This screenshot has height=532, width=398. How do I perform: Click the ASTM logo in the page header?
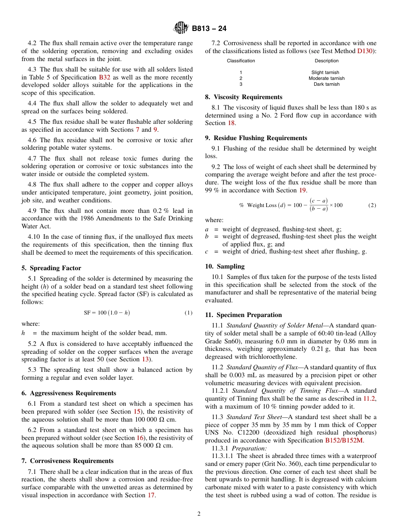(181, 28)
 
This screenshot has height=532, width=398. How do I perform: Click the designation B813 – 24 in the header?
(209, 29)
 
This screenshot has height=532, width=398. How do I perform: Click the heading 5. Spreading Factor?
(51, 268)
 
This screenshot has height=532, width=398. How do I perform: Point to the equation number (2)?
(372, 205)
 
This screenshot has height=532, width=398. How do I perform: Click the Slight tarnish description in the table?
(325, 72)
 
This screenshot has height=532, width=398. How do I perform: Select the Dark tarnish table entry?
(326, 84)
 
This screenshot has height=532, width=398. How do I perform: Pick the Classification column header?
(241, 61)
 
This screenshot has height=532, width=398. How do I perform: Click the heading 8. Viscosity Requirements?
(243, 97)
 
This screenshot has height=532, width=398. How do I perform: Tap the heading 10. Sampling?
(225, 266)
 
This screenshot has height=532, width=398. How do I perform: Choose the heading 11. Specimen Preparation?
(243, 315)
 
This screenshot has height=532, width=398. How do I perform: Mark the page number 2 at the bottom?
(199, 514)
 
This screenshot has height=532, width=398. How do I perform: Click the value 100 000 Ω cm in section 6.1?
(155, 419)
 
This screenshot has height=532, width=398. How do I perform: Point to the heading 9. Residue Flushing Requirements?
(256, 138)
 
